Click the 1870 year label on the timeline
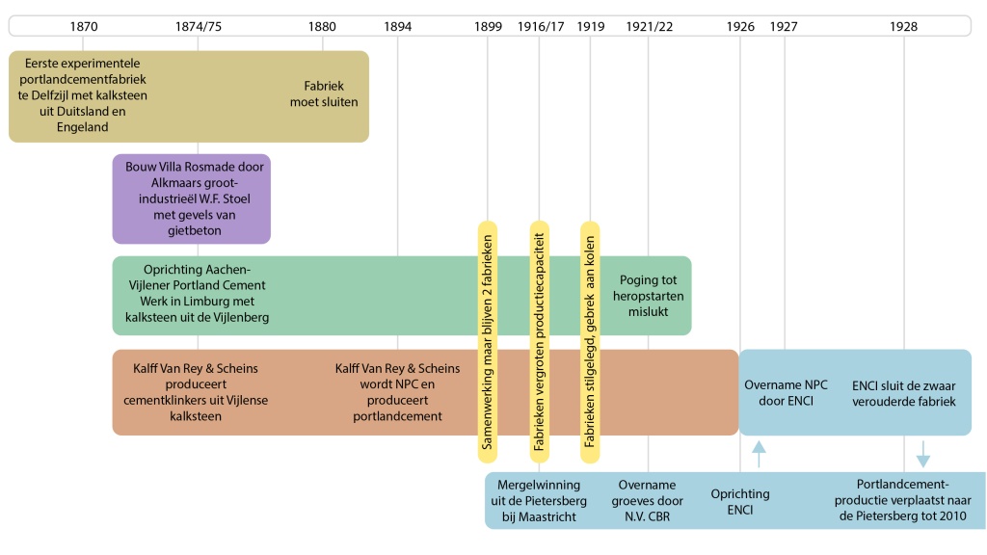point(83,26)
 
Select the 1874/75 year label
point(199,26)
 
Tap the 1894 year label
point(397,26)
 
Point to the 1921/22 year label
point(649,26)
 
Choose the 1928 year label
point(904,26)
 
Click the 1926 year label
point(740,26)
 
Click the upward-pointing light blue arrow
point(759,452)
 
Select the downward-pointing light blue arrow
point(922,452)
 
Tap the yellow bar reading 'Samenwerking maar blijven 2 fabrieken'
point(489,341)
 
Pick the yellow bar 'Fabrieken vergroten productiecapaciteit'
point(540,341)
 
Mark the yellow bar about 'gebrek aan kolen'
point(590,341)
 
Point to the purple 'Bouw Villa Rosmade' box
point(191,198)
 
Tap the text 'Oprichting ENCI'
point(739,501)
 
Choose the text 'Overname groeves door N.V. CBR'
point(648,501)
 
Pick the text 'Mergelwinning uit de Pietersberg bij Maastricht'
point(538,501)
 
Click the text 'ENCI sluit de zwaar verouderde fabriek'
point(904,392)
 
